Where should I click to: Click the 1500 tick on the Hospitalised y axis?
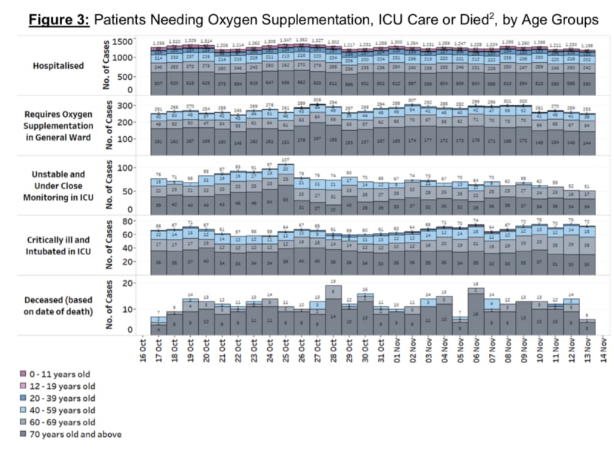pos(124,42)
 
